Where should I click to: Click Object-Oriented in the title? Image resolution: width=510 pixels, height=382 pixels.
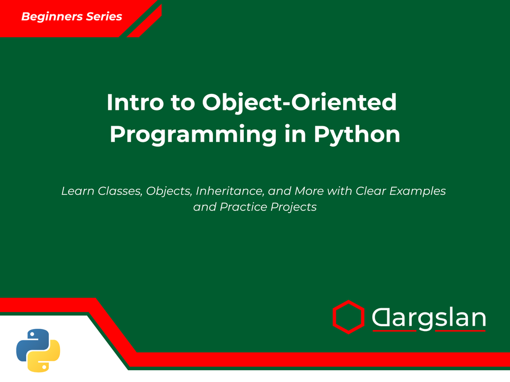(x=299, y=102)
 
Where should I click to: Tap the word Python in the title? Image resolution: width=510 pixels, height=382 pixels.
(x=356, y=134)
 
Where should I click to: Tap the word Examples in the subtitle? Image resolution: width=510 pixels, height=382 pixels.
(x=419, y=190)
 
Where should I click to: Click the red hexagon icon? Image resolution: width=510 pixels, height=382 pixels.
(x=348, y=317)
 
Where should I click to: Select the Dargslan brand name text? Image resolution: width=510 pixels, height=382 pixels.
(x=428, y=318)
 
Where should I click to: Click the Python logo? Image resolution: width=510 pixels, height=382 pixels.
(x=38, y=350)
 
